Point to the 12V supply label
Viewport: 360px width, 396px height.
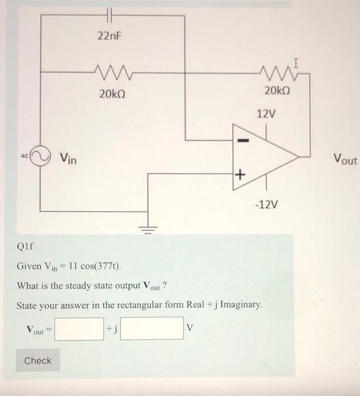[266, 114]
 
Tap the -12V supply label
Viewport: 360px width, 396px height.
[266, 203]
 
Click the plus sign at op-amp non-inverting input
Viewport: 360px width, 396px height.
[239, 175]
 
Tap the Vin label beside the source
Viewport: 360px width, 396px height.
[70, 159]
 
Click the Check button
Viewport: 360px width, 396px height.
[38, 360]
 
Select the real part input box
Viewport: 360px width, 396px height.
[79, 329]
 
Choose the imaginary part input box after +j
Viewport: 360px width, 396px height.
[152, 329]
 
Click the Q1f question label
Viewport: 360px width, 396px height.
[26, 247]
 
